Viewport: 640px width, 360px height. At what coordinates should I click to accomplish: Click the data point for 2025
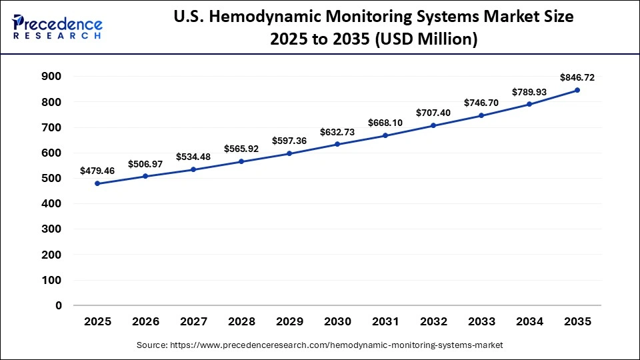pyautogui.click(x=97, y=183)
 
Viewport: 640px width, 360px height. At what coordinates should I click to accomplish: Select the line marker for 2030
pyautogui.click(x=337, y=144)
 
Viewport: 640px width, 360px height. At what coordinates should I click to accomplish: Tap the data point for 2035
pyautogui.click(x=577, y=90)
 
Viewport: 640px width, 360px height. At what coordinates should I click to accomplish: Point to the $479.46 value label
pyautogui.click(x=97, y=171)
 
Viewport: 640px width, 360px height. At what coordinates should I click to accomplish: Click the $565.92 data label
pyautogui.click(x=241, y=149)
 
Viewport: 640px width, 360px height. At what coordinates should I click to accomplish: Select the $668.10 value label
pyautogui.click(x=385, y=123)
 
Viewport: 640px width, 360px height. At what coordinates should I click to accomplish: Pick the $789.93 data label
pyautogui.click(x=529, y=91)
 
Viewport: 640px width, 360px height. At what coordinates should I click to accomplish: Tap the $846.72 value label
pyautogui.click(x=577, y=77)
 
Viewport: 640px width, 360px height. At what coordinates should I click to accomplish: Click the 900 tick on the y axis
pyautogui.click(x=52, y=77)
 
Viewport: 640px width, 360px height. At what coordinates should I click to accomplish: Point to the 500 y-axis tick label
pyautogui.click(x=52, y=179)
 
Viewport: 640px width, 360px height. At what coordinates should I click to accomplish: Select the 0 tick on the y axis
pyautogui.click(x=59, y=306)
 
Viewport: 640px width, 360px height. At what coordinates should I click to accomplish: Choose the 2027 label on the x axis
pyautogui.click(x=193, y=322)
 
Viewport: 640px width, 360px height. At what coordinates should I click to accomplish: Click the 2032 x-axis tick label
pyautogui.click(x=433, y=322)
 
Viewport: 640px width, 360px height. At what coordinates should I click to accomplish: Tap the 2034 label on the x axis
pyautogui.click(x=529, y=322)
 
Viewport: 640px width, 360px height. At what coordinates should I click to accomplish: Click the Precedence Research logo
pyautogui.click(x=57, y=27)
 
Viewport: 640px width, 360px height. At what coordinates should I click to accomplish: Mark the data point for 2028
pyautogui.click(x=241, y=161)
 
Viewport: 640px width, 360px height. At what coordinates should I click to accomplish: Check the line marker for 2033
pyautogui.click(x=481, y=115)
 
